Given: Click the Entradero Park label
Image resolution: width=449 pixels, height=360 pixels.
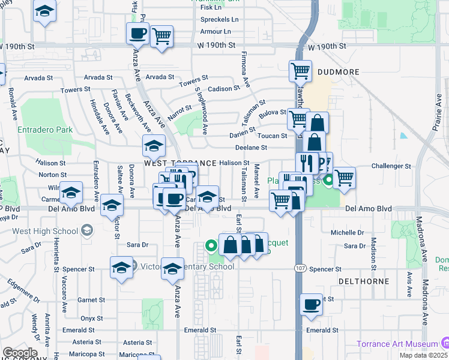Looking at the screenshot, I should pos(45,130).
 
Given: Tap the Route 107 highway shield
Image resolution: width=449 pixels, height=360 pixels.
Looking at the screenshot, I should pos(298,268).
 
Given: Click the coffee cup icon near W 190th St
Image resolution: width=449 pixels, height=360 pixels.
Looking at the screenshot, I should pos(137,33).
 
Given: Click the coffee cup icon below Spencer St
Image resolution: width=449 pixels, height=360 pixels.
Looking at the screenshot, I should pos(311,304).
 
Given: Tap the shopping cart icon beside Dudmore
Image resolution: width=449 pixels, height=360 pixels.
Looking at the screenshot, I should pos(300,70).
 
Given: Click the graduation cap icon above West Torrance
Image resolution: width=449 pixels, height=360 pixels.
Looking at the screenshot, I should pos(154,145).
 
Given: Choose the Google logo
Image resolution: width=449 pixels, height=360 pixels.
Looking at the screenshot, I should pos(20,352).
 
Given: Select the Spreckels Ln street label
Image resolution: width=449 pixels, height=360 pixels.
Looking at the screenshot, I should pos(219,19).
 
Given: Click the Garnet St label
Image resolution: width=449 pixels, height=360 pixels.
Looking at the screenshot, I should pos(92,300).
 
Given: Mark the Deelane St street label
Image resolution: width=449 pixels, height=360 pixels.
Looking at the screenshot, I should pos(251,147).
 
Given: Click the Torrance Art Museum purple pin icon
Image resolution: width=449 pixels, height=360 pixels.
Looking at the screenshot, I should pos(445,343).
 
